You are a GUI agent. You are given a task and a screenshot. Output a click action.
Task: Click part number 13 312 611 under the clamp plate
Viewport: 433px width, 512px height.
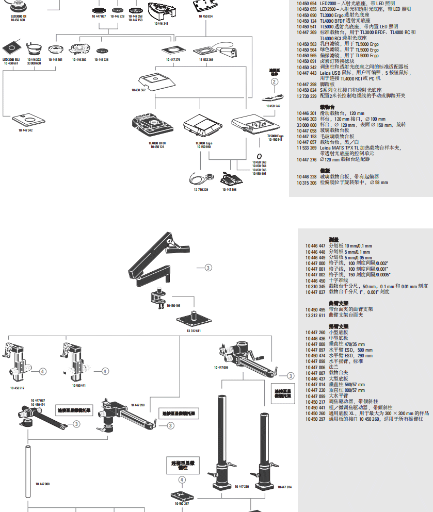[194, 330]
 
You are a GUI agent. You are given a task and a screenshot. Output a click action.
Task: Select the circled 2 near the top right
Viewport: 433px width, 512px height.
[275, 81]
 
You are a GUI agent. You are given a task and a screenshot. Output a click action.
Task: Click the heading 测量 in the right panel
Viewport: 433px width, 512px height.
[334, 240]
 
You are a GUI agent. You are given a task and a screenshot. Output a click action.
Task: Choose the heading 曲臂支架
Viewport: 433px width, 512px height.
[339, 303]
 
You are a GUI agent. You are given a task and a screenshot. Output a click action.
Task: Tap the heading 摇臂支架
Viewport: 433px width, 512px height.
[339, 326]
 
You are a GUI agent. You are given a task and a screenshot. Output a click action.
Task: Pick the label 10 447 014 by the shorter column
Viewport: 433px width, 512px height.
[285, 487]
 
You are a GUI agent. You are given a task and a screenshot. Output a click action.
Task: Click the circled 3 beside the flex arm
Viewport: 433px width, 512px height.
[208, 267]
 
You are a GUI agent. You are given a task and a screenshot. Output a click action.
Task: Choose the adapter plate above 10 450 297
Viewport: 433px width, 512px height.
[182, 496]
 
